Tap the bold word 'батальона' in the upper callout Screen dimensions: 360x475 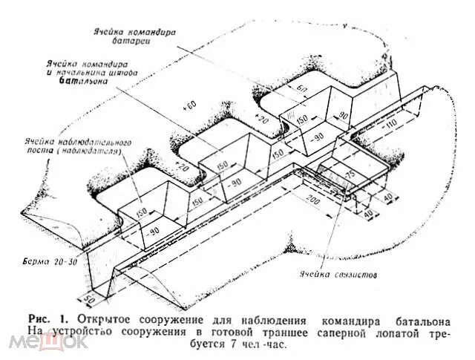click(83, 82)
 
